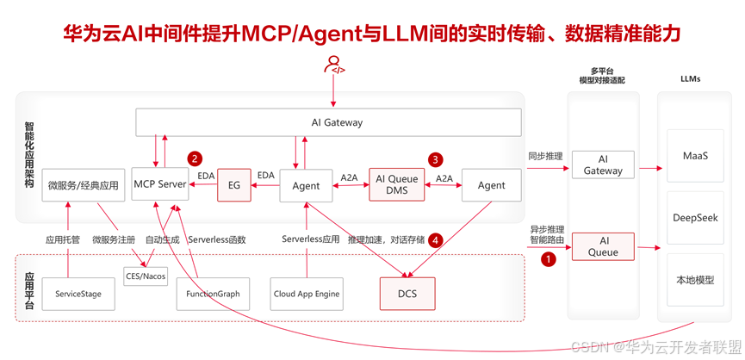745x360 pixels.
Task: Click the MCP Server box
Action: (160, 184)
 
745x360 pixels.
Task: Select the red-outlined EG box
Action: (233, 184)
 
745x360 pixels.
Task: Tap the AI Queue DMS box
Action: (397, 184)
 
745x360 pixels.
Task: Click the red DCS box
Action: (407, 294)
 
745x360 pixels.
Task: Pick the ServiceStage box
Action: (78, 294)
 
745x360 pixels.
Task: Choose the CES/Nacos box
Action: (146, 276)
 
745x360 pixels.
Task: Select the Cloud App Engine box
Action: (307, 294)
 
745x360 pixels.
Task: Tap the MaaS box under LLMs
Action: (695, 157)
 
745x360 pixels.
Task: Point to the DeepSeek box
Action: (695, 218)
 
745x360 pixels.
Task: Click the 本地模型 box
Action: (695, 280)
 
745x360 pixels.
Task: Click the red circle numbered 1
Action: (544, 257)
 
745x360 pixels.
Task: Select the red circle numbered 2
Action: (196, 158)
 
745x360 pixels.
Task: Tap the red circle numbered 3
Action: (436, 159)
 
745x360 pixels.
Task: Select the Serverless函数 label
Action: (217, 239)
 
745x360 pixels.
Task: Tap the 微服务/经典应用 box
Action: (84, 184)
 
